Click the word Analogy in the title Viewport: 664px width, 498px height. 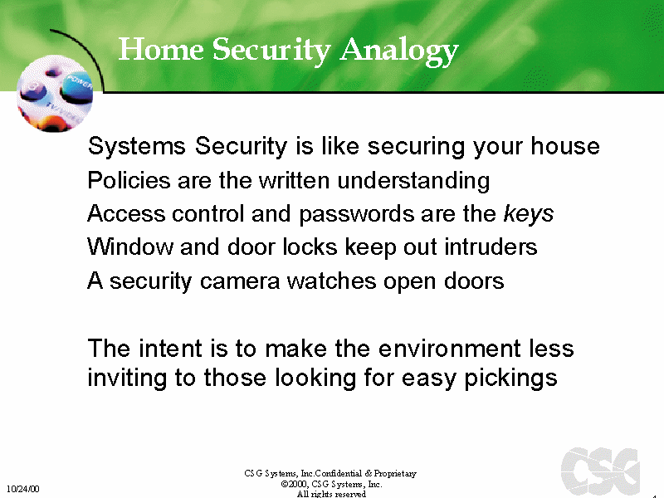pyautogui.click(x=399, y=51)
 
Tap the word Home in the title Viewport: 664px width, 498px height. pyautogui.click(x=161, y=49)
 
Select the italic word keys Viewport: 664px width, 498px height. pyautogui.click(x=529, y=214)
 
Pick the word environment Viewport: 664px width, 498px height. pyautogui.click(x=449, y=349)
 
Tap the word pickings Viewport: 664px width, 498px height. pyautogui.click(x=510, y=378)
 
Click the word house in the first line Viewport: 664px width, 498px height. pyautogui.click(x=565, y=146)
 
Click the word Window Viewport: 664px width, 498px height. pyautogui.click(x=130, y=247)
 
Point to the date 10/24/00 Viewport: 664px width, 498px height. pyautogui.click(x=23, y=489)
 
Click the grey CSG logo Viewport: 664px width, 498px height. pyautogui.click(x=600, y=471)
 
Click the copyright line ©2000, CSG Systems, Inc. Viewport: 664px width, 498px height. pyautogui.click(x=331, y=484)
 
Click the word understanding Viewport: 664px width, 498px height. pyautogui.click(x=413, y=181)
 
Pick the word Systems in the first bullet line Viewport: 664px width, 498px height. pyautogui.click(x=137, y=146)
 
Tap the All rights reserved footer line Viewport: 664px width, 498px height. pyautogui.click(x=331, y=494)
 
